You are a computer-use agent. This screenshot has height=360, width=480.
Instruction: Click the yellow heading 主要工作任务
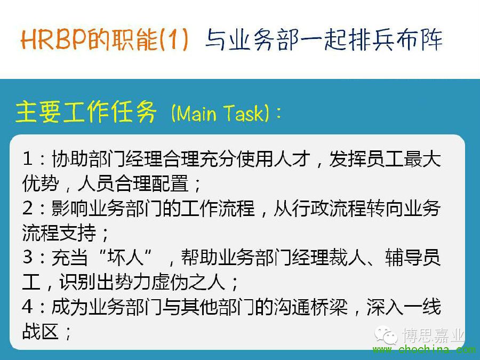(x=86, y=112)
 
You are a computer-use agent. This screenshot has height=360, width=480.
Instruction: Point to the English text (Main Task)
(x=220, y=113)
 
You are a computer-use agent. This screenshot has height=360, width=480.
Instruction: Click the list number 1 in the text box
(x=28, y=159)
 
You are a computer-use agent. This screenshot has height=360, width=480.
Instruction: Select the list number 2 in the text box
(x=28, y=208)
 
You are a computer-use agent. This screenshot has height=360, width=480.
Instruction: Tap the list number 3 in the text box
(x=28, y=257)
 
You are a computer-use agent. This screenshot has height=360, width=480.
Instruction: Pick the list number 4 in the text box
(x=28, y=307)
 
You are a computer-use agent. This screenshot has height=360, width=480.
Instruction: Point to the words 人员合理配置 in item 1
(x=133, y=183)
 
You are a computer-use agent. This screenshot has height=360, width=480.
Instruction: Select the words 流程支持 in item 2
(x=59, y=233)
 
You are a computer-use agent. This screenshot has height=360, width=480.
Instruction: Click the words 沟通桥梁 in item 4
(x=311, y=307)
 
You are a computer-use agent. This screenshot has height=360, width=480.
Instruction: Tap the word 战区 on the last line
(x=41, y=331)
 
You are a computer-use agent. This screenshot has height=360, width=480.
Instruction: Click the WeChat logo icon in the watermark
(x=386, y=335)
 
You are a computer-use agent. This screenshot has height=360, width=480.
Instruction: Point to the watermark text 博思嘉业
(x=433, y=335)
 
